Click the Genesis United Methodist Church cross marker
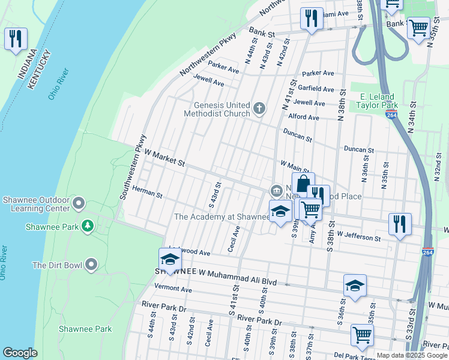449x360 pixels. click(259, 109)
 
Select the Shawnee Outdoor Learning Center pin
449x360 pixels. click(79, 205)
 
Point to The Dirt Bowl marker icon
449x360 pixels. click(91, 265)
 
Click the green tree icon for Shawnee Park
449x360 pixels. click(88, 226)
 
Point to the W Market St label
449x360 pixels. click(158, 159)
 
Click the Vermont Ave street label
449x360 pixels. click(173, 289)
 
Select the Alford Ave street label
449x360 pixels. click(304, 117)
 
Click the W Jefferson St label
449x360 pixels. click(358, 238)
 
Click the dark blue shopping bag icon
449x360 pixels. click(303, 184)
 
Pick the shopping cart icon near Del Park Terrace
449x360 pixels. click(362, 335)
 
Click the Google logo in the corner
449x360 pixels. click(20, 353)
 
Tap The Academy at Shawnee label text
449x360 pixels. click(221, 217)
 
